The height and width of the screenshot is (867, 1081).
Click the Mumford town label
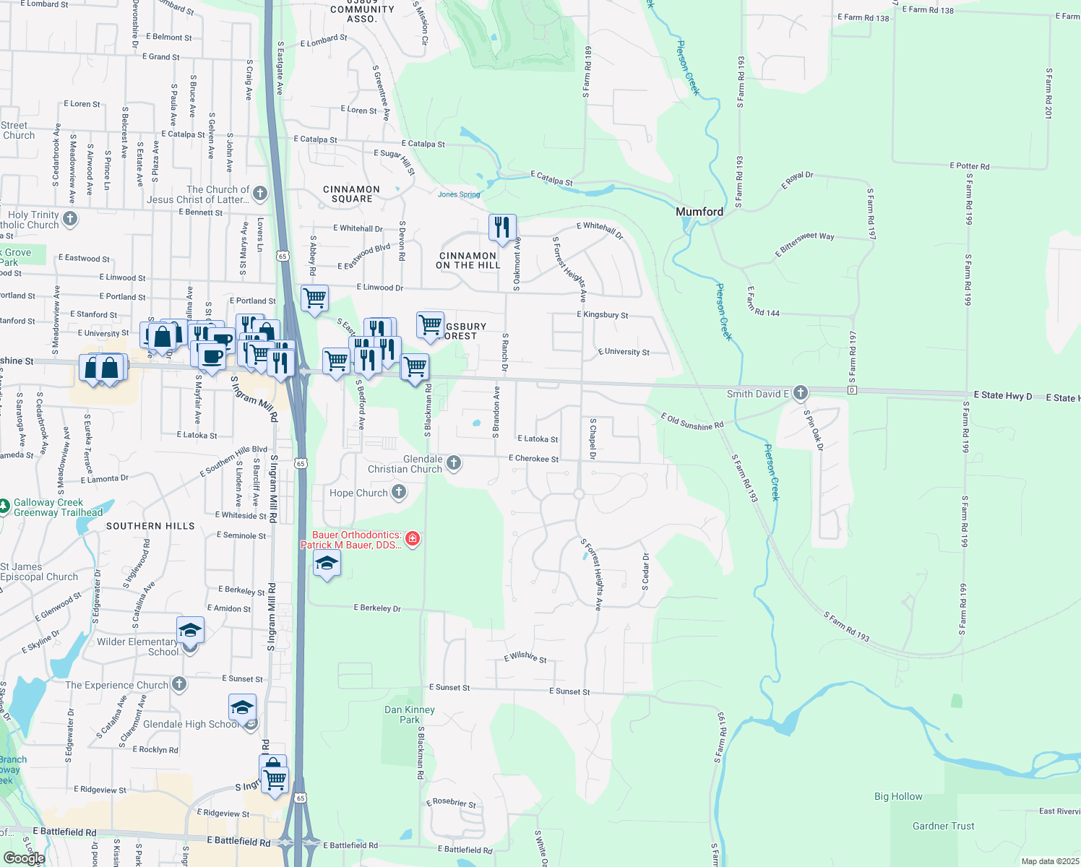pyautogui.click(x=699, y=212)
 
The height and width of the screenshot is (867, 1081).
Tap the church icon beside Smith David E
pyautogui.click(x=800, y=393)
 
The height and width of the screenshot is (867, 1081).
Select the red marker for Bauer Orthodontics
pyautogui.click(x=413, y=538)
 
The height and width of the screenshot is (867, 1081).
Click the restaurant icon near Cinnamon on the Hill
pyautogui.click(x=502, y=228)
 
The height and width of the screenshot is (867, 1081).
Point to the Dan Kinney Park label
pyautogui.click(x=410, y=715)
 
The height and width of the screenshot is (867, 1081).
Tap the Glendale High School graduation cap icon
pyautogui.click(x=242, y=707)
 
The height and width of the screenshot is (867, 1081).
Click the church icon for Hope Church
pyautogui.click(x=399, y=493)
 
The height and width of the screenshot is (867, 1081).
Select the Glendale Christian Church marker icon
pyautogui.click(x=454, y=462)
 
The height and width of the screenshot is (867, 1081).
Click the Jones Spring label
pyautogui.click(x=459, y=194)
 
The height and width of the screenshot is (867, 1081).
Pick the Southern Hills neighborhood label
pyautogui.click(x=150, y=526)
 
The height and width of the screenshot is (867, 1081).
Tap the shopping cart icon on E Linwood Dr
pyautogui.click(x=314, y=298)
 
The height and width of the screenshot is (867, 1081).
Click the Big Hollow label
pyautogui.click(x=898, y=796)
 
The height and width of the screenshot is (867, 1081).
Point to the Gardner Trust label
pyautogui.click(x=943, y=826)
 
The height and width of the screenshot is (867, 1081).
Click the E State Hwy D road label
pyautogui.click(x=1002, y=395)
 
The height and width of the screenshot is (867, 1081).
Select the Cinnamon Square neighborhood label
pyautogui.click(x=352, y=194)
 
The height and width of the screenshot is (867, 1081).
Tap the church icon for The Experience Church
pyautogui.click(x=179, y=683)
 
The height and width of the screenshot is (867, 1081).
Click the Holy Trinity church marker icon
pyautogui.click(x=70, y=218)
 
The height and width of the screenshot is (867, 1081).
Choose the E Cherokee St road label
pyautogui.click(x=533, y=459)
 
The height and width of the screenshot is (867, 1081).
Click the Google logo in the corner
pyautogui.click(x=24, y=858)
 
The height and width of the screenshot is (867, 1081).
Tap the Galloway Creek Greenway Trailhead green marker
pyautogui.click(x=5, y=506)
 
